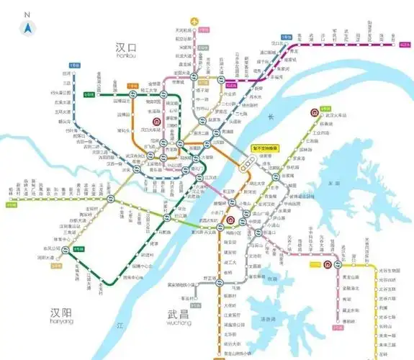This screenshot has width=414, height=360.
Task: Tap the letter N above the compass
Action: [27, 14]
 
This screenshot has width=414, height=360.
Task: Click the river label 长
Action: [271, 117]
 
